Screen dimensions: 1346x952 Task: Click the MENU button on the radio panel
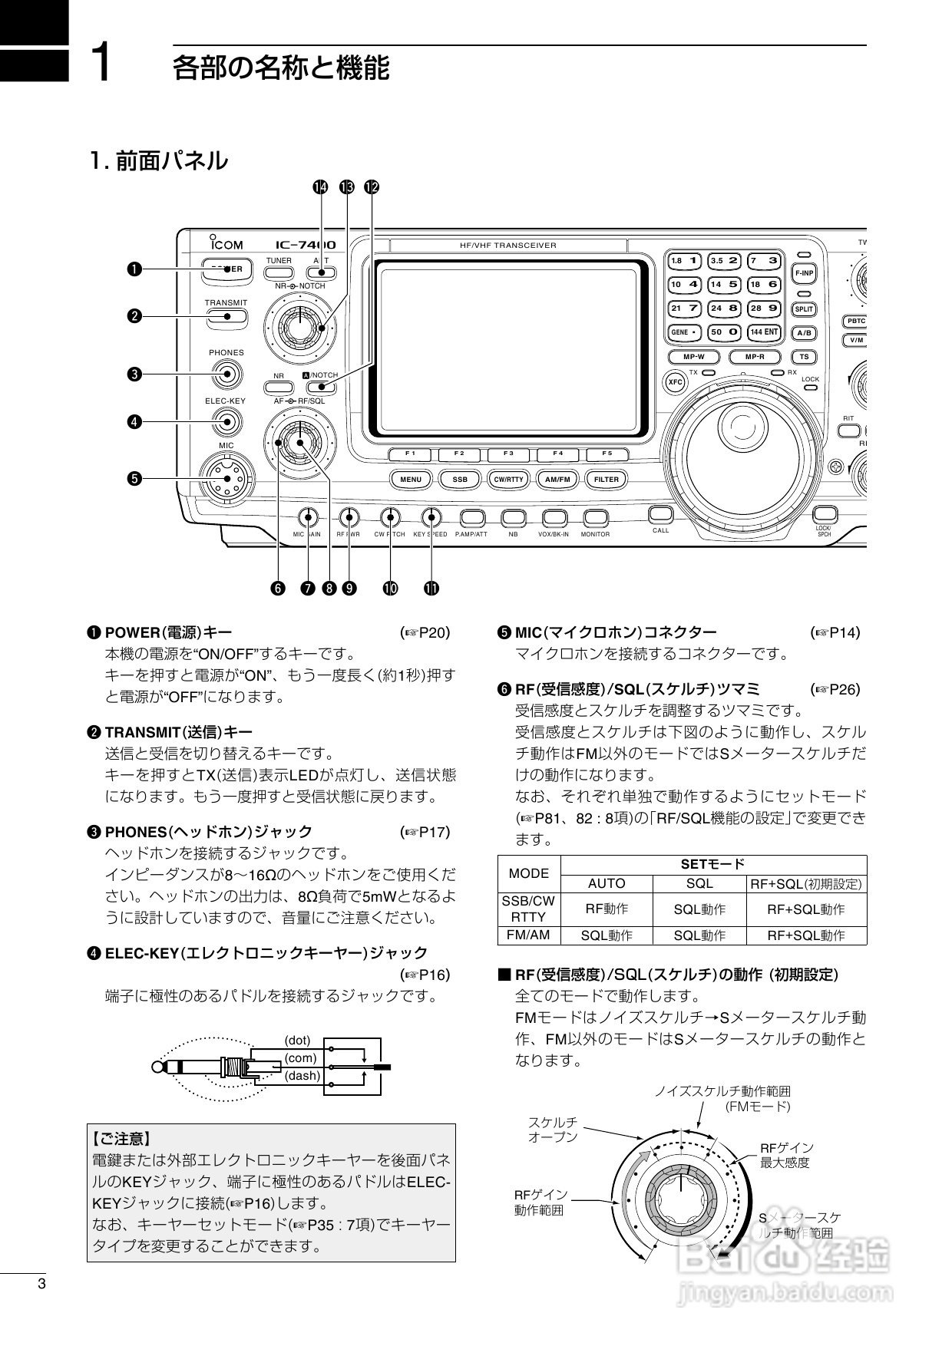coord(411,480)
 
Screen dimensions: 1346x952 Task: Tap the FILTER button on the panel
coord(607,480)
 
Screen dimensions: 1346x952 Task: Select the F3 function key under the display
coord(508,454)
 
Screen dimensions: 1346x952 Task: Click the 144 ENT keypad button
coord(764,332)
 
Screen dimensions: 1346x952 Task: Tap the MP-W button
coord(693,357)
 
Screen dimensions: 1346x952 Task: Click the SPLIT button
coord(804,309)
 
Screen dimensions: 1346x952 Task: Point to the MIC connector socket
coord(226,478)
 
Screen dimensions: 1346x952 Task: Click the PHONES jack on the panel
coord(226,374)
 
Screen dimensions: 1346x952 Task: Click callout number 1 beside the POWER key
coord(134,269)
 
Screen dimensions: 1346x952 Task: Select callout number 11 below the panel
coord(431,588)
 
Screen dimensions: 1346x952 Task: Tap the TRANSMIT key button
coord(226,315)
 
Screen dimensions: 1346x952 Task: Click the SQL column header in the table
coord(699,883)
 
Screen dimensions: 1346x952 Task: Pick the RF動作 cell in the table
coord(607,909)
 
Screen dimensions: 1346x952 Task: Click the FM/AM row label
coord(529,935)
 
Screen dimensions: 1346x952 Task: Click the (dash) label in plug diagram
coord(302,1075)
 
